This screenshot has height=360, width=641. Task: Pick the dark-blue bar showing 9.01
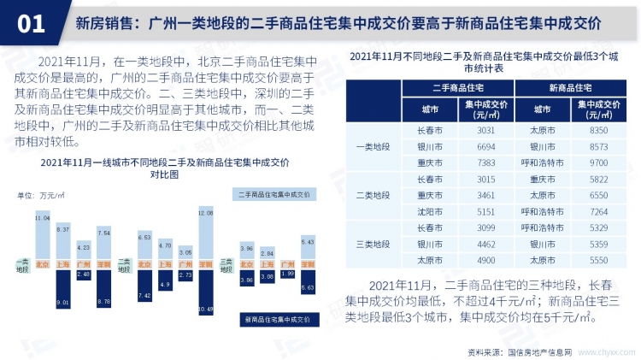pyautogui.click(x=62, y=289)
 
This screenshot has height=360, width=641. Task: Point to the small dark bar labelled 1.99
pyautogui.click(x=287, y=273)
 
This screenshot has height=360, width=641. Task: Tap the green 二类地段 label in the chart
pyautogui.click(x=125, y=264)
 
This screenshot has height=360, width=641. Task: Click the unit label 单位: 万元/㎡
pyautogui.click(x=40, y=196)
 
